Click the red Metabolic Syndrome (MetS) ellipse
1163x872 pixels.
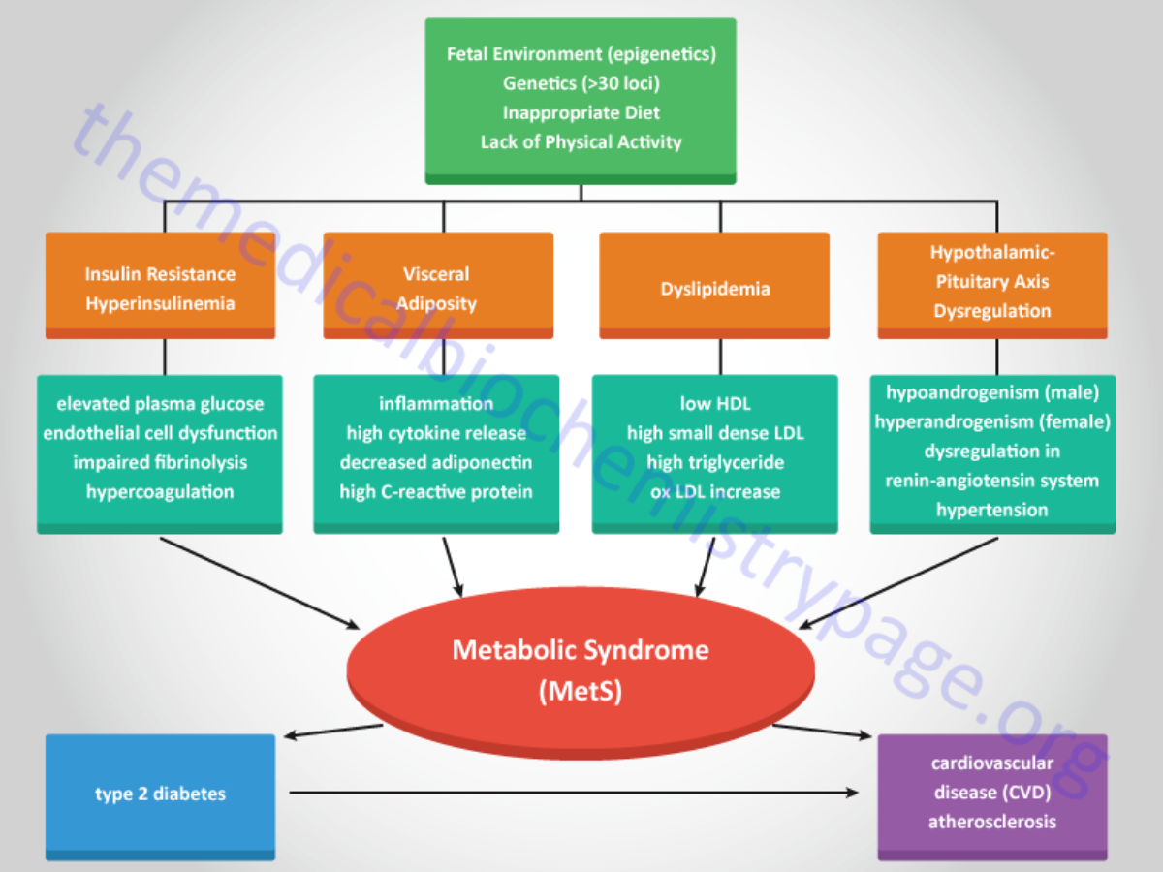coord(581,669)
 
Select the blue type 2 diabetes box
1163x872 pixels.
coord(160,794)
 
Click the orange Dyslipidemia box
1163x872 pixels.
coord(714,288)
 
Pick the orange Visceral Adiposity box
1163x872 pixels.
coord(438,288)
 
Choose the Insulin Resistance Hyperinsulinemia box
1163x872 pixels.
coord(160,288)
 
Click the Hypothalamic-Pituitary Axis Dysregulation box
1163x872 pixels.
coord(992,283)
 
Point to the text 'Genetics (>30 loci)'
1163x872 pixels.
coord(581,83)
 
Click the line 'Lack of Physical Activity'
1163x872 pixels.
coord(581,141)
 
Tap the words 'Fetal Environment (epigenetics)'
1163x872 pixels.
coord(581,54)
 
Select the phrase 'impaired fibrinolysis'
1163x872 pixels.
coord(160,462)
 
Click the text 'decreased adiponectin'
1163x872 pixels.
coord(436,462)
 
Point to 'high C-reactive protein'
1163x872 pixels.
coord(436,491)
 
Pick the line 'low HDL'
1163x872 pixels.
coord(714,404)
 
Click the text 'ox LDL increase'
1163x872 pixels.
coord(714,491)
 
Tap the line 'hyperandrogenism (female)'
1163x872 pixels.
coord(992,421)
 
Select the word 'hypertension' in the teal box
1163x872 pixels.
coord(992,510)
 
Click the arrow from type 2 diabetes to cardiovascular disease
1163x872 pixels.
coord(572,794)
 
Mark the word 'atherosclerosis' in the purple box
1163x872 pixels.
coord(992,822)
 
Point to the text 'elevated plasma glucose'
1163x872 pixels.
coord(160,404)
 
